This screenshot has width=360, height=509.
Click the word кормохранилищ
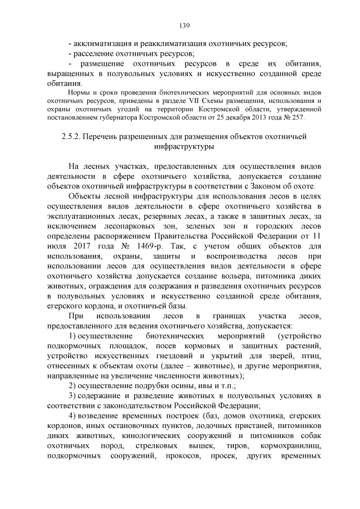295,447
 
